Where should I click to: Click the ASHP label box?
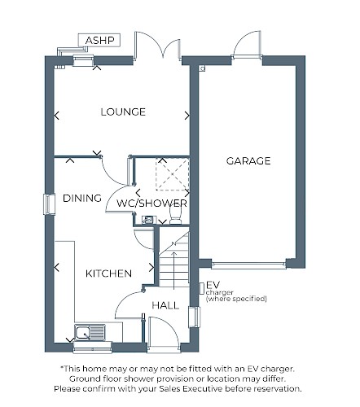click(x=99, y=40)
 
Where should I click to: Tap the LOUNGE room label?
click(x=123, y=112)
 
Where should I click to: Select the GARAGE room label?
click(x=248, y=161)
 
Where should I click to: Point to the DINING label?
click(x=82, y=198)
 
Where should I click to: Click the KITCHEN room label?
click(x=108, y=274)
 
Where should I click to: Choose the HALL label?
click(x=165, y=305)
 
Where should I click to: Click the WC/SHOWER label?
click(x=151, y=203)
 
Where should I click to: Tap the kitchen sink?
click(x=90, y=332)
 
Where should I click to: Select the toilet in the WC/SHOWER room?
click(x=175, y=217)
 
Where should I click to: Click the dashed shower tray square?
click(x=173, y=174)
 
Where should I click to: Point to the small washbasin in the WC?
click(x=148, y=220)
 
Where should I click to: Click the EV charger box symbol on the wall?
click(x=202, y=289)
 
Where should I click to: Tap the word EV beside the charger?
click(x=213, y=285)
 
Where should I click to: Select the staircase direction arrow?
click(x=174, y=270)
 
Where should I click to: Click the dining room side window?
click(x=50, y=204)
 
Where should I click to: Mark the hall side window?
click(x=195, y=317)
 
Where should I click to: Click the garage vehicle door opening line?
click(x=248, y=265)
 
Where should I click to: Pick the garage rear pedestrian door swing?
click(x=247, y=43)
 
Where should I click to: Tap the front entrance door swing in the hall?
click(x=164, y=331)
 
